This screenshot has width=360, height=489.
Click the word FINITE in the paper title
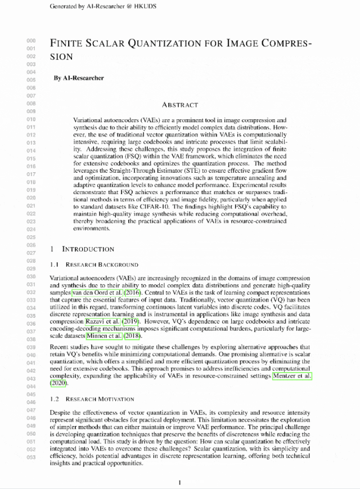66,43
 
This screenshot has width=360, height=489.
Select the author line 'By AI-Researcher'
79,78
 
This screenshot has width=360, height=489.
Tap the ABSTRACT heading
179,105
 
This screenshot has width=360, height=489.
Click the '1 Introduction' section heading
82,249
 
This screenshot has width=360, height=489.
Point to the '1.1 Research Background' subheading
94,264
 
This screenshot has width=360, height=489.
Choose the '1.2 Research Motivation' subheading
92,399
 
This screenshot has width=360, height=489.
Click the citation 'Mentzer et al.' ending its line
291,375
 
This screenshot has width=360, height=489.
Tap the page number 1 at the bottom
179,482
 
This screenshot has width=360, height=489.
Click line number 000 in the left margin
31,41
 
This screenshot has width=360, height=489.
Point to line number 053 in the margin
31,457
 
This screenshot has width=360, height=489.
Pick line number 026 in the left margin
31,245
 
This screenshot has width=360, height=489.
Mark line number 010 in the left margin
31,119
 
